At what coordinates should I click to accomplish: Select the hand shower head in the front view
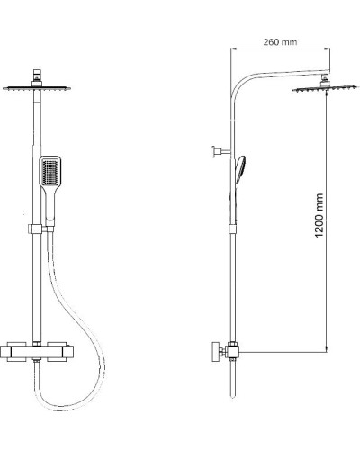[50, 170]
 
